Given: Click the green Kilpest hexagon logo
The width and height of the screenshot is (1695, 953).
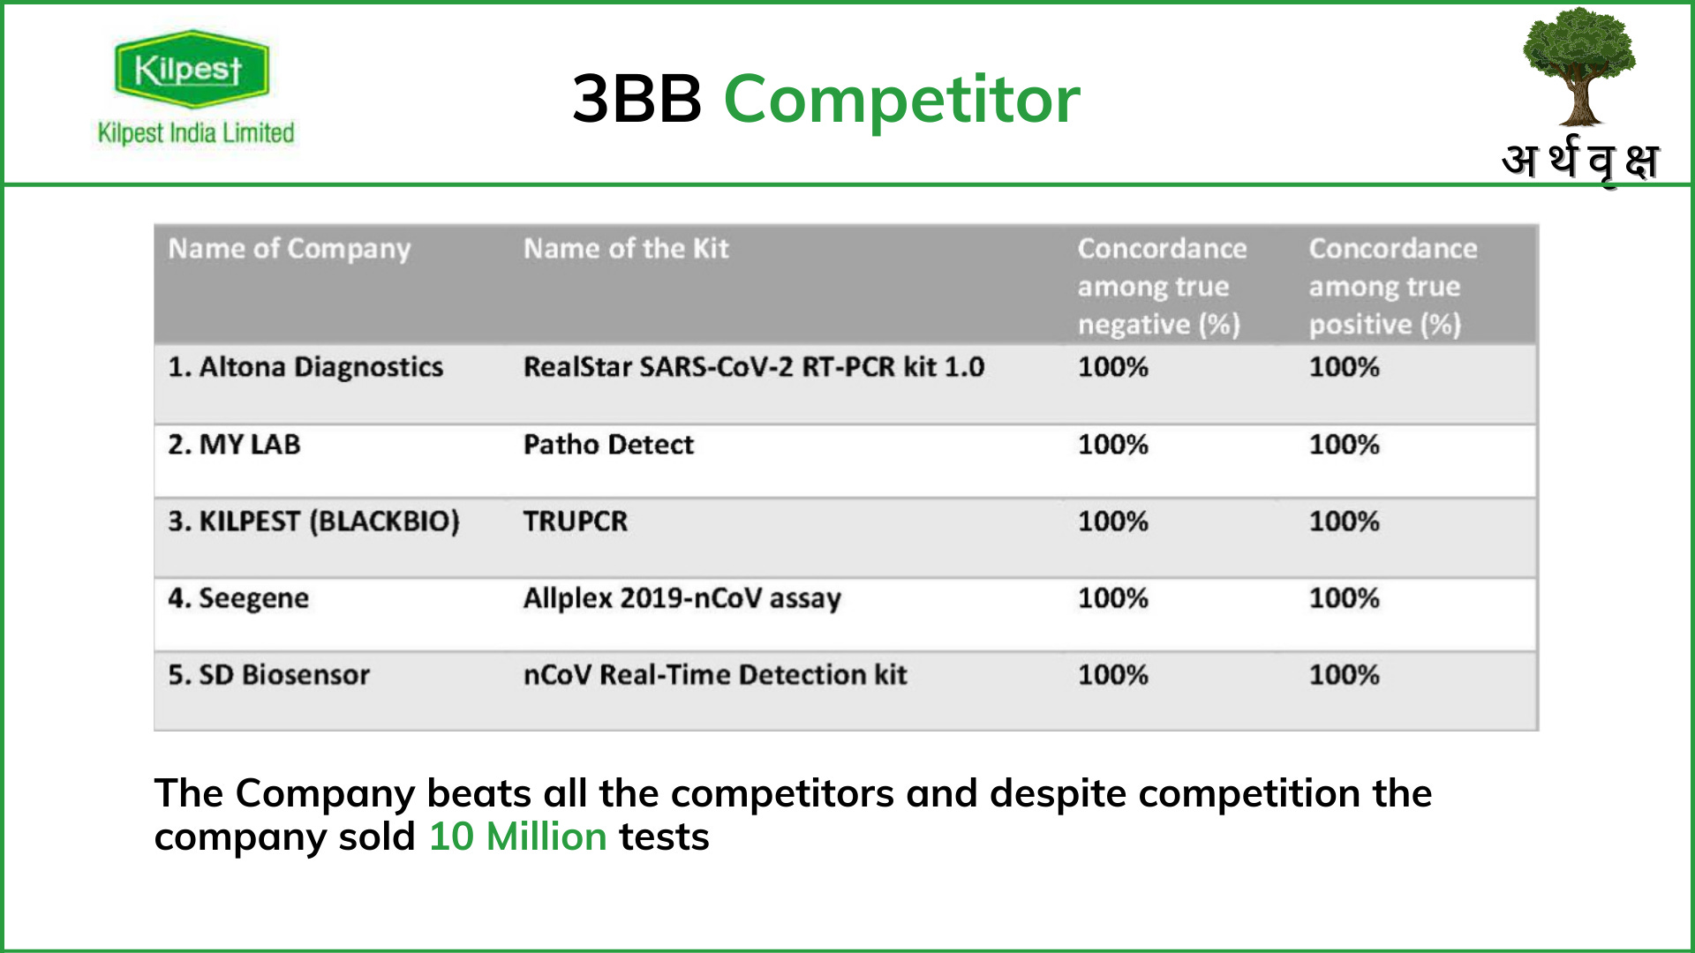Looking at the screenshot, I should click(191, 69).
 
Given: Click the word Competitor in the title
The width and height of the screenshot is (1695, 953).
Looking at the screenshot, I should click(901, 99).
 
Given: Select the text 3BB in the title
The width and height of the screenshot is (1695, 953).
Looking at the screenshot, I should click(637, 99).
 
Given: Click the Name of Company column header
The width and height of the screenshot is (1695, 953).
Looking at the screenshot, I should click(290, 249).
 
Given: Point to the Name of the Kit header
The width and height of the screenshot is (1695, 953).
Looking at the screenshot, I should click(626, 249).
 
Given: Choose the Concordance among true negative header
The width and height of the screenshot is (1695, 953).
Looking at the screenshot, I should click(1162, 286).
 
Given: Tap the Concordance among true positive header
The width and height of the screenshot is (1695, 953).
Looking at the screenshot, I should click(1392, 286).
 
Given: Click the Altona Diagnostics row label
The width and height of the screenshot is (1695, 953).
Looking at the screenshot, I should click(305, 367).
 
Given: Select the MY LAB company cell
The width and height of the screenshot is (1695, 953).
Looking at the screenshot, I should click(234, 444).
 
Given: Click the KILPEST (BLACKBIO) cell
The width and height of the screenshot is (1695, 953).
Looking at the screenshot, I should click(313, 521).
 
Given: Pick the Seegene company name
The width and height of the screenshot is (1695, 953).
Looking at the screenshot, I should click(238, 598).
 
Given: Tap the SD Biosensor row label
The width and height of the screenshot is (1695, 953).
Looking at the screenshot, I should click(268, 675).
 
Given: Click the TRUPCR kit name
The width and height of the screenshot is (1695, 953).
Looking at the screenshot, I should click(575, 521).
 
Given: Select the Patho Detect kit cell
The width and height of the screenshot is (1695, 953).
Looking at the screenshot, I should click(608, 444).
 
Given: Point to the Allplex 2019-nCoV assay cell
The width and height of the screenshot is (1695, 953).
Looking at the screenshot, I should click(682, 598).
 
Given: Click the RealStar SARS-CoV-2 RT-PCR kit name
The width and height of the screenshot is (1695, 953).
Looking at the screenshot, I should click(753, 367).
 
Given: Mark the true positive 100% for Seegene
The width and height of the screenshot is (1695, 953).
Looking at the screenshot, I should click(1344, 598).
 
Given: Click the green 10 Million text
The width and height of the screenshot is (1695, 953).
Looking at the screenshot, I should click(517, 837).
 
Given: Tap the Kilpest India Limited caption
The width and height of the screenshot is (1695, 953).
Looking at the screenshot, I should click(196, 133).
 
